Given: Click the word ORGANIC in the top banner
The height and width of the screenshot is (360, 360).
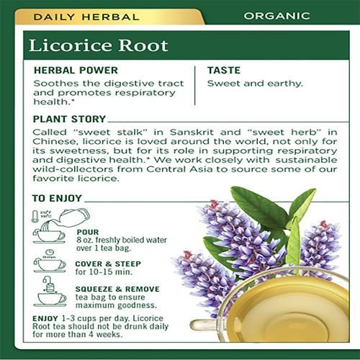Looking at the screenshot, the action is tap(276, 16).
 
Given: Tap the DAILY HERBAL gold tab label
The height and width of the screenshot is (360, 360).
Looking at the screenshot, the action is tap(86, 17).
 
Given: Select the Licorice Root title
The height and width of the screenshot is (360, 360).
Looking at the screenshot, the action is tap(99, 45).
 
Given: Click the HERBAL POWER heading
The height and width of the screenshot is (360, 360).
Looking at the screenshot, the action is tap(76, 71).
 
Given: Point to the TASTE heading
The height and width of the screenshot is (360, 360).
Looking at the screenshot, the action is tap(224, 71).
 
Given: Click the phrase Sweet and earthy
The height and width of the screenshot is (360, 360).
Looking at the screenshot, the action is tap(255, 84).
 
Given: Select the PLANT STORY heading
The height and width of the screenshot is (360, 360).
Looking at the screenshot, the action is tap(69, 119).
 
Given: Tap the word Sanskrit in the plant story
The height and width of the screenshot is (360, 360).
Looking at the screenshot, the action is tap(192, 132).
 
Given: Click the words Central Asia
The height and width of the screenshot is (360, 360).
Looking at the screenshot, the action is tap(179, 169).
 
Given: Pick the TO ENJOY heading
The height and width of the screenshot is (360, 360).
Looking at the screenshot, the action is tap(57, 198).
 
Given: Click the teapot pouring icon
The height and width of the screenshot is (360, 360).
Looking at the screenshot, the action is tap(74, 217).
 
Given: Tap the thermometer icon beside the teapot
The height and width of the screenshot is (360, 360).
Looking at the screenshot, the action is tap(35, 216).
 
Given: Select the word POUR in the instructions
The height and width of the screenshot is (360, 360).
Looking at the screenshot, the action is tap(88, 232).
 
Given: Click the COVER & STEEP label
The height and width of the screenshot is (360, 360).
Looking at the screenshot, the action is tap(108, 264).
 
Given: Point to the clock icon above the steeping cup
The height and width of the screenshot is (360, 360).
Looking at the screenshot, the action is tap(50, 252).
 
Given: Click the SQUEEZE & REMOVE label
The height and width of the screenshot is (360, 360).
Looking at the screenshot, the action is tap(117, 289).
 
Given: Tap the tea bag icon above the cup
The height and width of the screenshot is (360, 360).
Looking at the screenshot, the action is tap(49, 285).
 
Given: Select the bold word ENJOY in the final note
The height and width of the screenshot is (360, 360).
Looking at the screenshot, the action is tap(45, 318).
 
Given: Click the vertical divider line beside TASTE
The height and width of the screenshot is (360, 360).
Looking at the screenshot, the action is tap(195, 86).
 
